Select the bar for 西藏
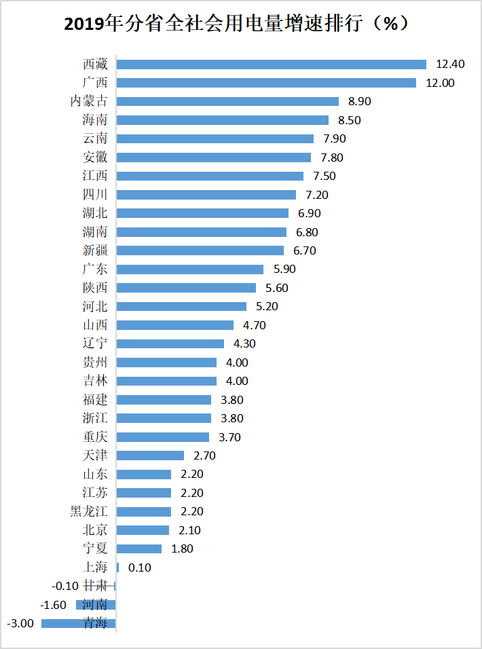[271, 64]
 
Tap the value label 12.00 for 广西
[440, 83]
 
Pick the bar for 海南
[223, 120]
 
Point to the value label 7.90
[335, 138]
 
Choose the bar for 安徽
[213, 157]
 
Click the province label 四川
[94, 195]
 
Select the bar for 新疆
[200, 251]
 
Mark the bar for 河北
[181, 306]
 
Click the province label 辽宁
[94, 344]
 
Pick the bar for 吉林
[166, 381]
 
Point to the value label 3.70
[229, 437]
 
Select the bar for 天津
[150, 456]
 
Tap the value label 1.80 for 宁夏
[182, 549]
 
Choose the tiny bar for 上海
[117, 568]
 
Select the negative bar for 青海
[79, 623]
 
